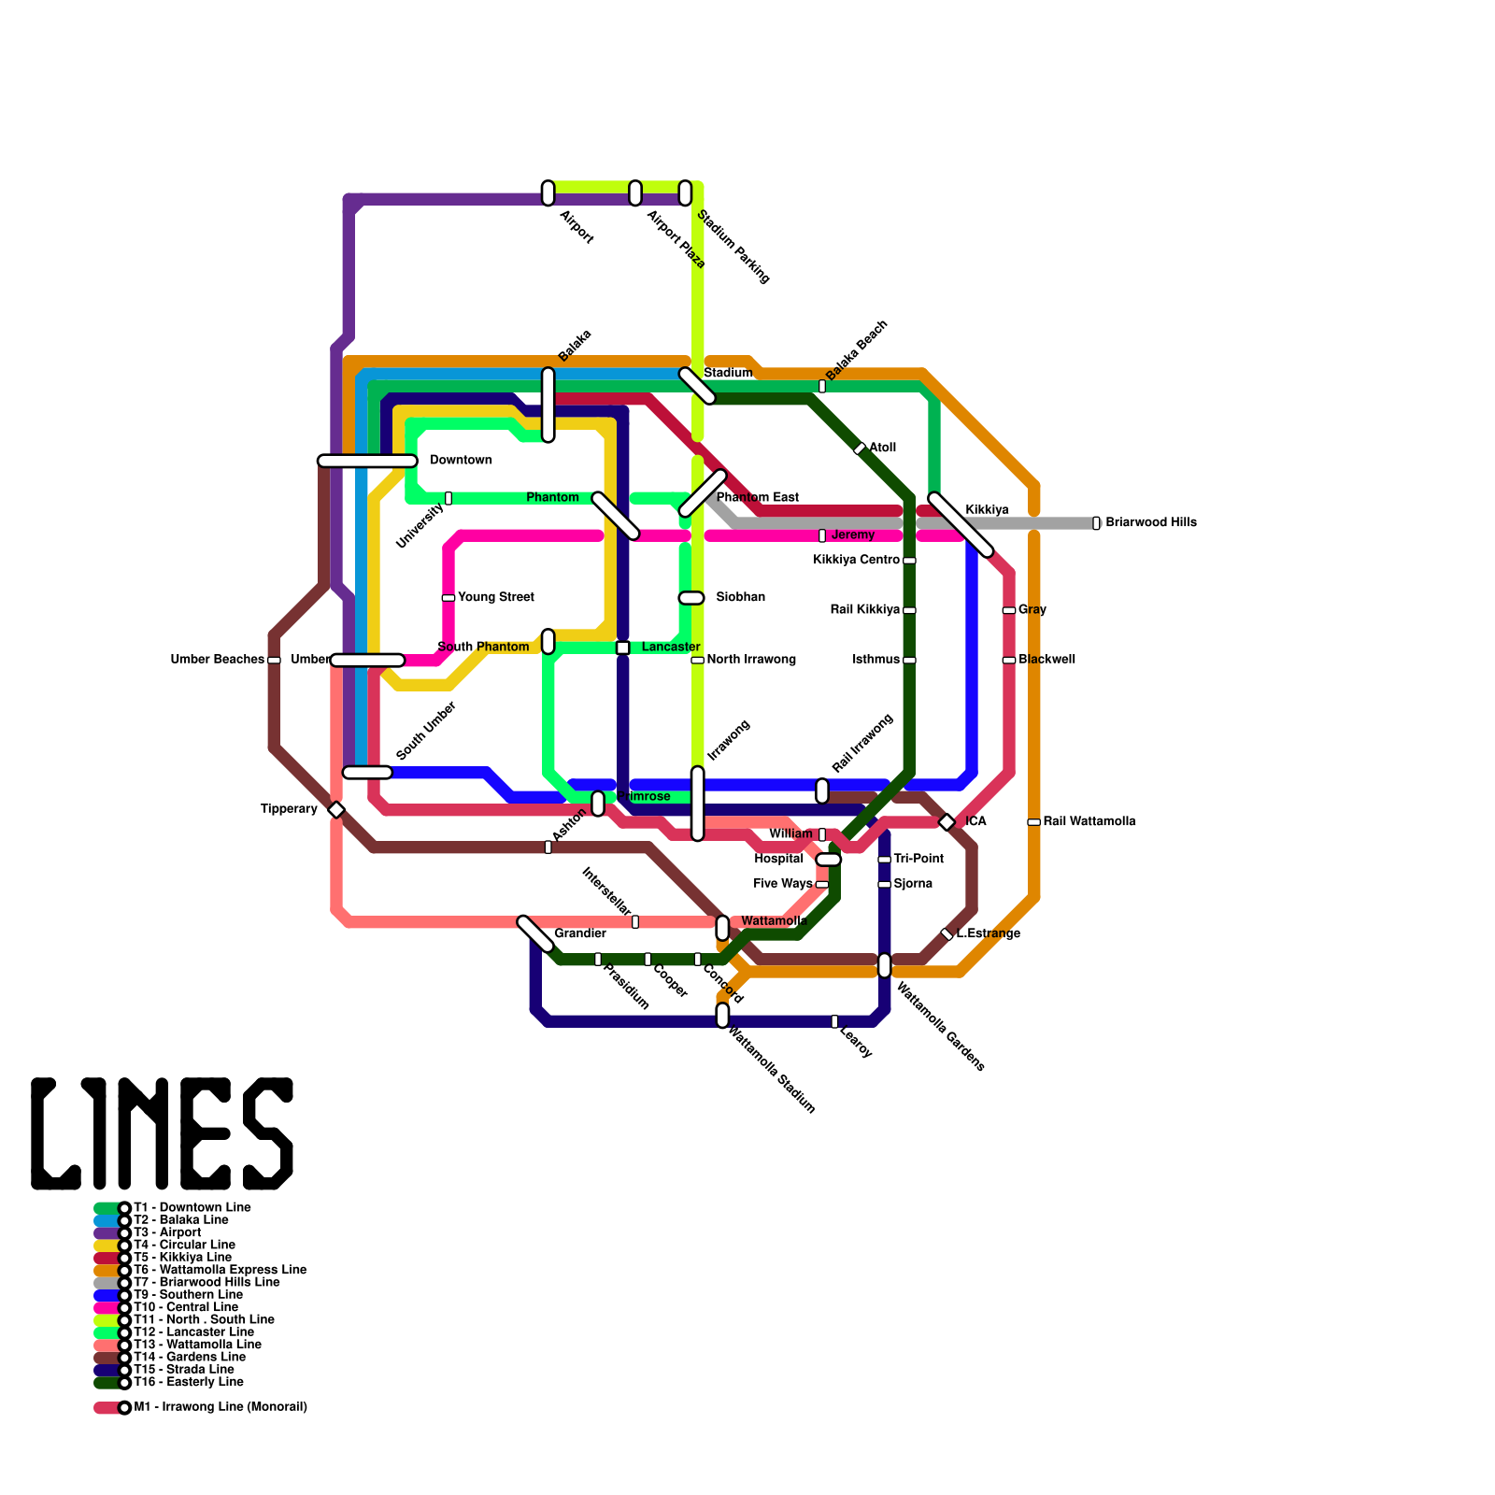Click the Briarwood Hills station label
(x=1150, y=522)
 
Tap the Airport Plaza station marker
(x=635, y=193)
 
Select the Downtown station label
(x=461, y=460)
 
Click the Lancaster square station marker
(x=623, y=648)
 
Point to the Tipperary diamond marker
(x=336, y=810)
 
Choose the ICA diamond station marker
(x=947, y=822)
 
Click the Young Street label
(x=496, y=597)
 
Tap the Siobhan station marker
(x=691, y=598)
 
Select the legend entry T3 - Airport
(x=167, y=1232)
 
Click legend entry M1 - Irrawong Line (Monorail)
(x=221, y=1407)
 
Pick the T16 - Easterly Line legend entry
(x=188, y=1382)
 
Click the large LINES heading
(x=163, y=1133)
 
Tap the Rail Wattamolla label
(x=1089, y=821)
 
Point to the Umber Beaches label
(x=217, y=660)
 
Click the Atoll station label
(x=883, y=448)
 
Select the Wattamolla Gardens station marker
(x=885, y=965)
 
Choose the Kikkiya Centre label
(x=856, y=560)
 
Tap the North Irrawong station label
(x=751, y=660)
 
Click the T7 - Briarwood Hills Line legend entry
(x=206, y=1282)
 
